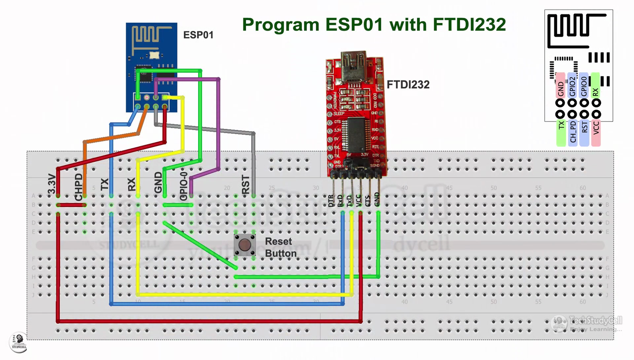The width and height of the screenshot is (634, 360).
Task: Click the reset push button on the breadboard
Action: click(x=245, y=245)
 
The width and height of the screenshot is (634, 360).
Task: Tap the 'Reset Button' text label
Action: click(x=280, y=247)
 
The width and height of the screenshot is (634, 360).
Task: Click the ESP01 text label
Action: click(x=198, y=35)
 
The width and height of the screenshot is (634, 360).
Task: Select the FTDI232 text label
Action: click(x=408, y=84)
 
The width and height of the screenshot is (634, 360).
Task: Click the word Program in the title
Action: click(x=280, y=25)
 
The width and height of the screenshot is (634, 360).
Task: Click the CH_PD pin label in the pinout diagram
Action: click(x=572, y=132)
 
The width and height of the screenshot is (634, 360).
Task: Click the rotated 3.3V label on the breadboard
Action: click(x=52, y=184)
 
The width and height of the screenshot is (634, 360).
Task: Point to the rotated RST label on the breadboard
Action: click(x=246, y=185)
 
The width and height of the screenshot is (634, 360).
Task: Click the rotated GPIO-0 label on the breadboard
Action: click(x=183, y=186)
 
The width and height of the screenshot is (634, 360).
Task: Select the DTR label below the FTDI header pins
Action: click(x=331, y=200)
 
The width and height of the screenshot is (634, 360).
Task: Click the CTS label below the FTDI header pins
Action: click(x=368, y=201)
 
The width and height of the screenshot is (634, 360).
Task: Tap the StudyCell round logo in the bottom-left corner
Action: click(x=18, y=342)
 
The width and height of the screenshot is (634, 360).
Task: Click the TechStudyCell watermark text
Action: click(x=595, y=320)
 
